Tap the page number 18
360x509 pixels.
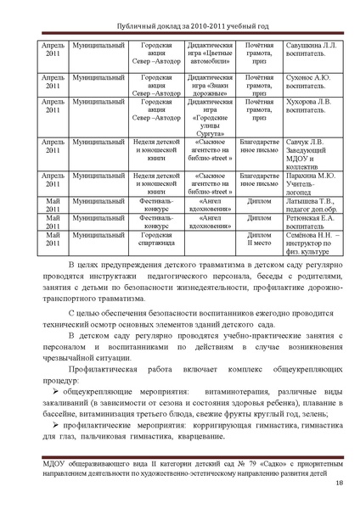(x=339, y=484)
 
